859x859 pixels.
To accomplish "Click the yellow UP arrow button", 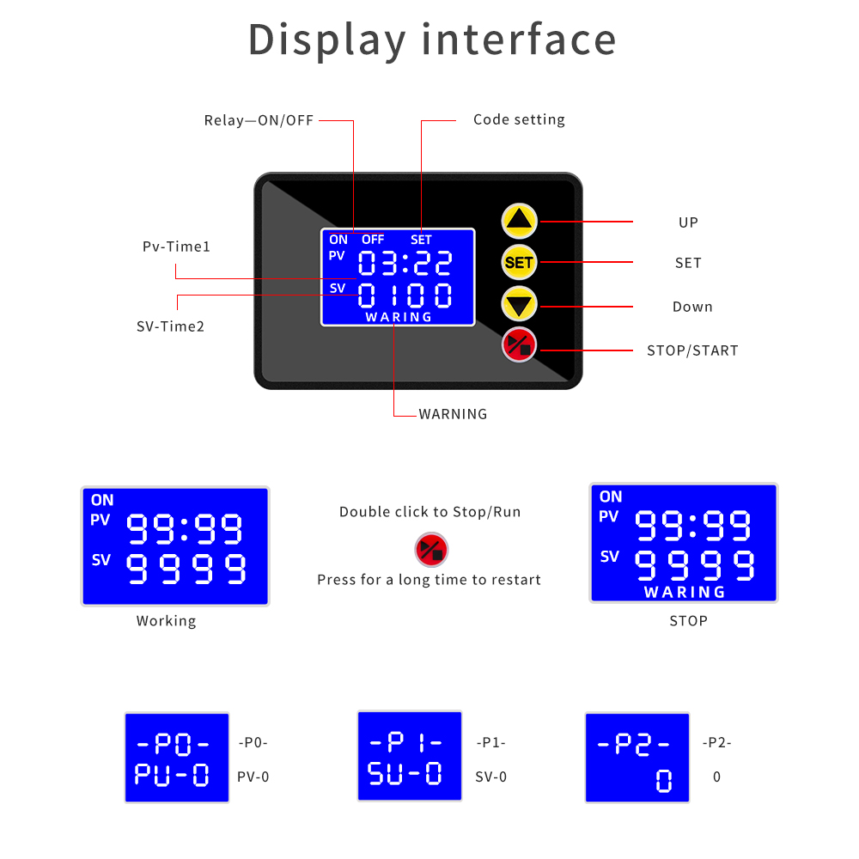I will click(x=520, y=222).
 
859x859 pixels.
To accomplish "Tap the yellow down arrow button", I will click(x=520, y=304).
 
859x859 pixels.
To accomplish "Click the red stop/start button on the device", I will click(x=520, y=345).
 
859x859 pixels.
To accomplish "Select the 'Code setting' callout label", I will click(x=519, y=119).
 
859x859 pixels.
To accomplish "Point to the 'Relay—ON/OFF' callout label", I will click(x=259, y=120).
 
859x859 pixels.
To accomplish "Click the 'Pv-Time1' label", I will click(x=176, y=247).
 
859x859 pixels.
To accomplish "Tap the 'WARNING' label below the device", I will click(x=453, y=414).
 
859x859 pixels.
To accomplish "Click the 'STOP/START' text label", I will click(x=692, y=350).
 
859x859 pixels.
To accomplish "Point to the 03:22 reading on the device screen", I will click(x=405, y=263).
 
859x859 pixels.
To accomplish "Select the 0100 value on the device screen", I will click(x=405, y=295).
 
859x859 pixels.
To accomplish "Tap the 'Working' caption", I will click(x=166, y=621).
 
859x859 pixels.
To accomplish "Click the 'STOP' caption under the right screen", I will click(x=688, y=621).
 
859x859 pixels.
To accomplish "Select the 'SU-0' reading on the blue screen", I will click(x=405, y=774).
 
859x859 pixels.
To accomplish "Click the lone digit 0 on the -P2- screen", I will click(x=663, y=781).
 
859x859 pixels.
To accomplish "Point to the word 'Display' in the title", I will click(x=327, y=40).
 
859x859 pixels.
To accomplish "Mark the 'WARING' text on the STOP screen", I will click(x=685, y=592).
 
